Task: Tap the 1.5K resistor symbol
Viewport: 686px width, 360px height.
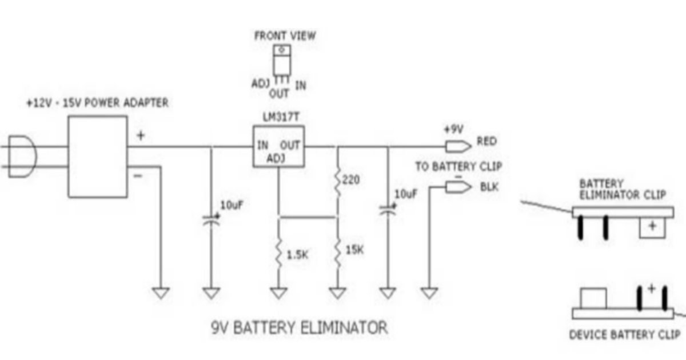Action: [x=278, y=252]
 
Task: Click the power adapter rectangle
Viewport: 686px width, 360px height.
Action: [x=98, y=157]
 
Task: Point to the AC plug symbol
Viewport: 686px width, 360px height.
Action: [x=23, y=157]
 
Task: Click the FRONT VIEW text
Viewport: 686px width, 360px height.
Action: [x=285, y=36]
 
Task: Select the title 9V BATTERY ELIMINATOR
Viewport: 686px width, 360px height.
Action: [x=299, y=328]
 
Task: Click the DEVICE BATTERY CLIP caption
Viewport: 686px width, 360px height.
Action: [x=624, y=335]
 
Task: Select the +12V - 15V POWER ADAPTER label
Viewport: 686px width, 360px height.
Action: [x=97, y=103]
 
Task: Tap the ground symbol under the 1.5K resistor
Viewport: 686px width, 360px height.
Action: [x=278, y=293]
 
